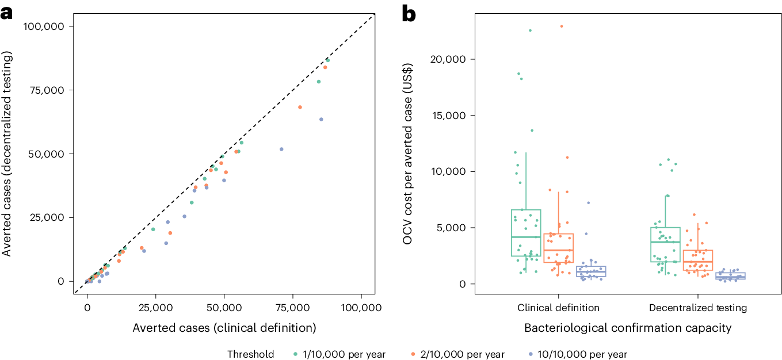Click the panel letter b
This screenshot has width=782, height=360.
408,13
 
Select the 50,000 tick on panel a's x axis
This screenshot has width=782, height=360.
224,308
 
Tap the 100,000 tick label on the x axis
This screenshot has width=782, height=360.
361,308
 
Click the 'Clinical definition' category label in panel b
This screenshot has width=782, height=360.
558,308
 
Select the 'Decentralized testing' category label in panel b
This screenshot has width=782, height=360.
697,308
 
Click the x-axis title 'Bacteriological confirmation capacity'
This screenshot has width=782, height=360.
627,328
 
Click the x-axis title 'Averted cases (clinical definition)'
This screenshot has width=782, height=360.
224,328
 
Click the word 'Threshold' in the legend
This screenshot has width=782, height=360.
251,354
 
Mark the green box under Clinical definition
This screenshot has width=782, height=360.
525,232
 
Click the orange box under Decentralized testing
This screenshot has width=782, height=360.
697,260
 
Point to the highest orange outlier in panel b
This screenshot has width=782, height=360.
561,26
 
